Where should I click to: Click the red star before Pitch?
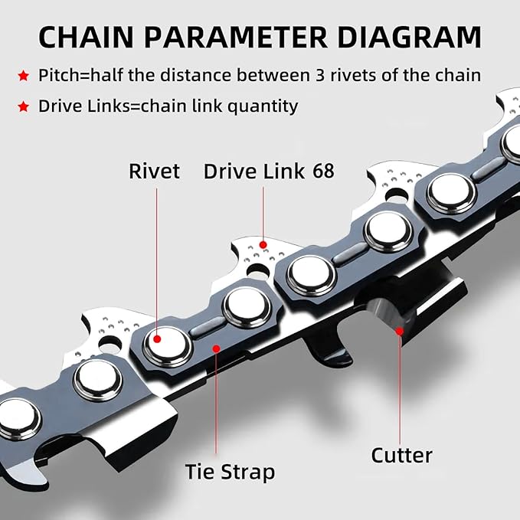[25, 76]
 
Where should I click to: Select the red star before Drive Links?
[25, 106]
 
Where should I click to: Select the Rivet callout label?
[155, 171]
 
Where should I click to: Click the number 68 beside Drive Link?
[323, 171]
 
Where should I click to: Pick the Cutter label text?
[402, 456]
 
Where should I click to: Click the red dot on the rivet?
[156, 338]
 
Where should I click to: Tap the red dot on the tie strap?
[217, 348]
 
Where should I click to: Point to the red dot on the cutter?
[399, 331]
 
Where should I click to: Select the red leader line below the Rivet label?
[156, 253]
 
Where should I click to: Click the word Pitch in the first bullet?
[58, 76]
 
